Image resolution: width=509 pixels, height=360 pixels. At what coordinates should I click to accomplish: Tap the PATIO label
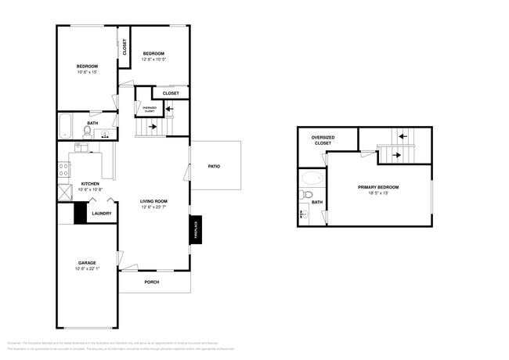point(214,166)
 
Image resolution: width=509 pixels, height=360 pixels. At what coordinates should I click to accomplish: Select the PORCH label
point(153,283)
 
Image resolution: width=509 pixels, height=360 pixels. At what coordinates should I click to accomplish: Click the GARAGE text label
point(86,262)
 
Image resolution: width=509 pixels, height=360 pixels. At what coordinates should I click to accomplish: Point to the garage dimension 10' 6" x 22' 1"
point(86,269)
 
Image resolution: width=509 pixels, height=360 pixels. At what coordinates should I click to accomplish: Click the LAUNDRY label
point(101,213)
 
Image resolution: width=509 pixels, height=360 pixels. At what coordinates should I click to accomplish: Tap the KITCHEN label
point(89,183)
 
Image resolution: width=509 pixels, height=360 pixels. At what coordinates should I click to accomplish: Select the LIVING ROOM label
point(153,201)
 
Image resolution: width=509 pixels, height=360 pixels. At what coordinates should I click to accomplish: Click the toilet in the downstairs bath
point(87,131)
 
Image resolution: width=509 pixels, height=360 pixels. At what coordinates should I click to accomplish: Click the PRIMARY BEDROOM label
point(378,187)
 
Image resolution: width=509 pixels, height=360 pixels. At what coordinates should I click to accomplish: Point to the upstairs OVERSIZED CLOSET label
point(323,140)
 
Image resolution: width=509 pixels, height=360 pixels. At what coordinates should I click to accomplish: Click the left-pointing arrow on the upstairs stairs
point(403,136)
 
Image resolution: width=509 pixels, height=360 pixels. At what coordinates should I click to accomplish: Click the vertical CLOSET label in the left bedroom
point(124,46)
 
